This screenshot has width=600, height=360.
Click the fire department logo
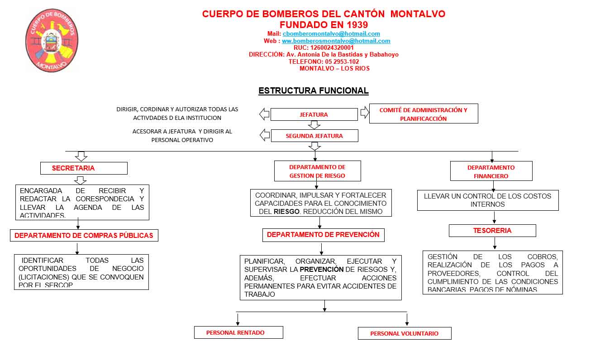(x=52, y=41)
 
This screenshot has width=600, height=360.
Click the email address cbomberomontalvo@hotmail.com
(x=331, y=34)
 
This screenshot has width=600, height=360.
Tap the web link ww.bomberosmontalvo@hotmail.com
(x=336, y=41)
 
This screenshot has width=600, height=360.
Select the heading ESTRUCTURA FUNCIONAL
(x=313, y=91)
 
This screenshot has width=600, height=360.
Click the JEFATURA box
(x=314, y=114)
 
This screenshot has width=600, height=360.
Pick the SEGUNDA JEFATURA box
(x=314, y=136)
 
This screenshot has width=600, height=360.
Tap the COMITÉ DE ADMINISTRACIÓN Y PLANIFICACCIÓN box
(x=424, y=114)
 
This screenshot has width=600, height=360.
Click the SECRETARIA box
(x=84, y=168)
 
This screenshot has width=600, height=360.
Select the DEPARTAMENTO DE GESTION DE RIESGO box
(x=317, y=171)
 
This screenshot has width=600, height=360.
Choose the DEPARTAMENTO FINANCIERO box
(x=491, y=171)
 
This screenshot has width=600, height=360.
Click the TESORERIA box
(x=492, y=231)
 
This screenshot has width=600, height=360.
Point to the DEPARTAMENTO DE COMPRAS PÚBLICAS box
(x=84, y=235)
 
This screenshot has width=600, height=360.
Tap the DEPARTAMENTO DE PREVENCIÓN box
(x=323, y=235)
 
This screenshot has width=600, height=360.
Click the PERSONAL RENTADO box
(x=238, y=332)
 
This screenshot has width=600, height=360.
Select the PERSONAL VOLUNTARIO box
(x=404, y=333)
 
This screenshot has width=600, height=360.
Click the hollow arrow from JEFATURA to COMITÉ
(x=364, y=113)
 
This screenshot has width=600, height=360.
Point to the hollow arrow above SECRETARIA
(x=81, y=156)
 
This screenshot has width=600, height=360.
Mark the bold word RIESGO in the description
(x=286, y=212)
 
